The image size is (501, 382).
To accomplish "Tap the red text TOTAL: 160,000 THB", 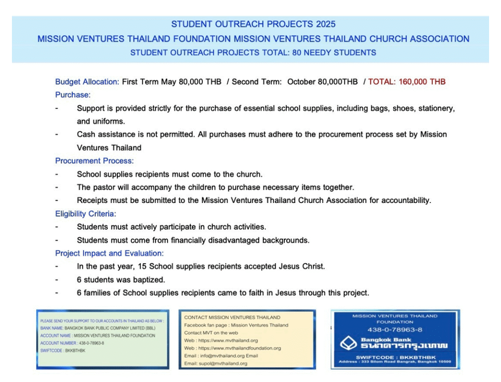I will pos(407,82).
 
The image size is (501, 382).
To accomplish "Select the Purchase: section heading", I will pos(73,95).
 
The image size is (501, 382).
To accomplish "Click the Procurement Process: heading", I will pos(94,161).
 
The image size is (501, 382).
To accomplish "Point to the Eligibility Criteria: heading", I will pos(85,214).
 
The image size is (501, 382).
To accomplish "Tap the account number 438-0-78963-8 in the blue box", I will pos(395,330).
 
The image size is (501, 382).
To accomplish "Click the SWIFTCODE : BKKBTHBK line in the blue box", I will pos(395,357).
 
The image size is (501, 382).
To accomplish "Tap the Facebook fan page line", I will pos(236,325).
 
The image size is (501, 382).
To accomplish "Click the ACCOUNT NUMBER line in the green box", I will pos(72,343).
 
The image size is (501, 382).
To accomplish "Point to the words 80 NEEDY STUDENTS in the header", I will pos(332,53).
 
